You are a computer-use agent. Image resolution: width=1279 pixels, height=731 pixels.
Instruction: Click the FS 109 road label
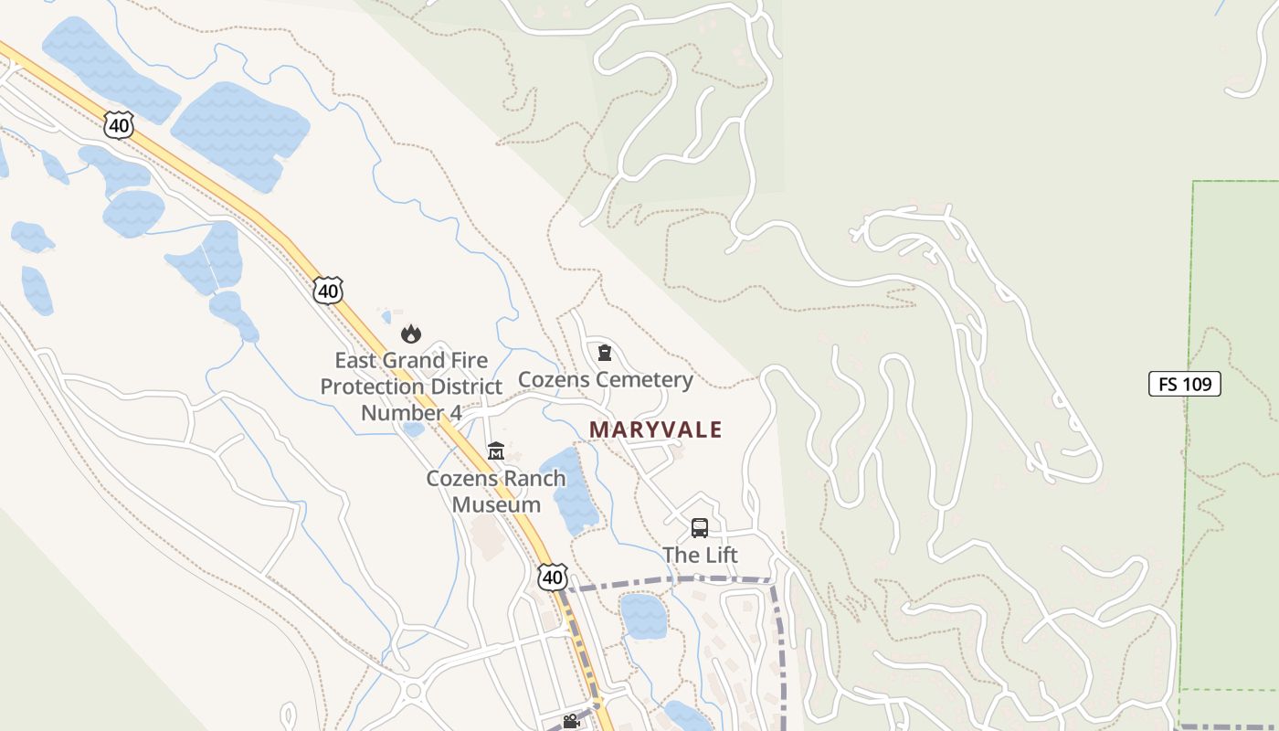coord(1184,384)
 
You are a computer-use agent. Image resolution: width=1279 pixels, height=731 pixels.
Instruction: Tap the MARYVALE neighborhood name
coord(655,429)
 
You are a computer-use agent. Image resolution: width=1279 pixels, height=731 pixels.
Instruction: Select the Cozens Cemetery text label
coord(605,379)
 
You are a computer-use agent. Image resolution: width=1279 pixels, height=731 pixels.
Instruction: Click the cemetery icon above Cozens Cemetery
coord(604,353)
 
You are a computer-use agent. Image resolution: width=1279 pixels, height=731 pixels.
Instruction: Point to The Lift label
coord(700,555)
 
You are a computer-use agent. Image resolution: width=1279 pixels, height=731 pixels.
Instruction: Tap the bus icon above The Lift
coord(700,528)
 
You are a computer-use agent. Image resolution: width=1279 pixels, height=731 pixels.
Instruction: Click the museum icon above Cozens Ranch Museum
coord(496,451)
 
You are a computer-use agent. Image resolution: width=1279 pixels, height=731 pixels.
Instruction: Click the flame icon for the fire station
coord(411,334)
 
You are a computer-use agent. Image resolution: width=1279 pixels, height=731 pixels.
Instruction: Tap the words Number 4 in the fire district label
coord(411,412)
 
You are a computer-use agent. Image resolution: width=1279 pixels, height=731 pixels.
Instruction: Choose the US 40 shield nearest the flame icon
coord(327,291)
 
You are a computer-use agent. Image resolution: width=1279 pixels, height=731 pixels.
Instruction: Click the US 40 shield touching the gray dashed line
coord(552,577)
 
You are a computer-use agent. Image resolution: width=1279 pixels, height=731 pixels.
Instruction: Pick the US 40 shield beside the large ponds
coord(118,124)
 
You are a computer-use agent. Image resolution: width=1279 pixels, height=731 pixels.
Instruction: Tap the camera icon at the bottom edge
coord(571,722)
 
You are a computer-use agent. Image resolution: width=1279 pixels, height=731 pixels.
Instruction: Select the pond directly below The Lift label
coord(643,616)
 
